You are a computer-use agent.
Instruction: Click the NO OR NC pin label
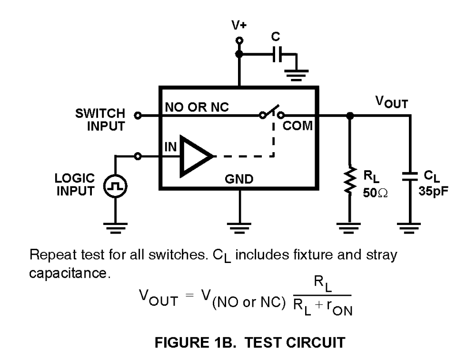(x=197, y=108)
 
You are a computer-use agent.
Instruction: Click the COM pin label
(x=298, y=126)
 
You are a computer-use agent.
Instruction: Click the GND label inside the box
(x=239, y=179)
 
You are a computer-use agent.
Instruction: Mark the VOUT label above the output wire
(x=391, y=102)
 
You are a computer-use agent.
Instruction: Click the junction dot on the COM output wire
(x=350, y=115)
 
